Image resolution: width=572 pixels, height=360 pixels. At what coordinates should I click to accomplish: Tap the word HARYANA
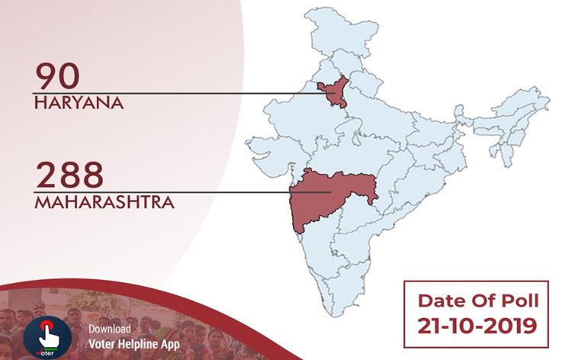tap(79, 102)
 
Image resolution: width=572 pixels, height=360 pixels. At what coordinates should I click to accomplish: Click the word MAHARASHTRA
tap(104, 202)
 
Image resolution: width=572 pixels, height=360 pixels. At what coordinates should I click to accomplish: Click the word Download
tap(109, 329)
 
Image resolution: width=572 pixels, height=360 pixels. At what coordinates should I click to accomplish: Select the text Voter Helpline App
tap(133, 342)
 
